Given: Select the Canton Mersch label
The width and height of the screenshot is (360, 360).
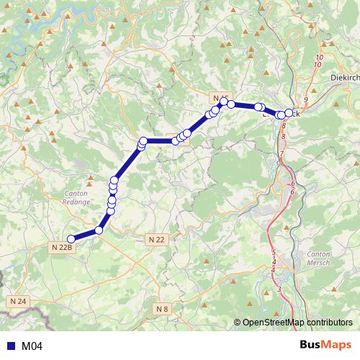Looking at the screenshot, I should click(x=318, y=258).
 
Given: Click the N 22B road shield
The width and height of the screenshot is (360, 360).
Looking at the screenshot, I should click(x=62, y=247).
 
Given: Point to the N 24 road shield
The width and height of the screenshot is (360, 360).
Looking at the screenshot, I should click(x=18, y=300).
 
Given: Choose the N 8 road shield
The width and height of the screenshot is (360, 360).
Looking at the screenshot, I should click(x=163, y=309).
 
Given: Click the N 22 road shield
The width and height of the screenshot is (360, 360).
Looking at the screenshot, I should click(x=156, y=239).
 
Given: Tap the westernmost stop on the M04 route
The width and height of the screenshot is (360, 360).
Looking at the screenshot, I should click(x=71, y=239).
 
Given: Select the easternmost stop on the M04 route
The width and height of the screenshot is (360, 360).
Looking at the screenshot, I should click(x=289, y=113).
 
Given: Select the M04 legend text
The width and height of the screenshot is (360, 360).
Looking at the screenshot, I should click(x=32, y=346).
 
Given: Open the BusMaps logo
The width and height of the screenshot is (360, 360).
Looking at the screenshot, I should click(x=325, y=346).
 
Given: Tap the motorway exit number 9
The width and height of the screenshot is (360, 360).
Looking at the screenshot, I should click(x=306, y=99).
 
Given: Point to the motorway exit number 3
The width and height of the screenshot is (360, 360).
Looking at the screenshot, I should click(x=279, y=289).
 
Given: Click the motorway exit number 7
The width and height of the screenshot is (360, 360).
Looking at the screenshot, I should click(x=282, y=154).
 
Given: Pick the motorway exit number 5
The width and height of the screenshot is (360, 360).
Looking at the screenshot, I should click(x=274, y=252).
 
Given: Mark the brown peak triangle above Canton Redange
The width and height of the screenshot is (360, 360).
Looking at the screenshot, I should click(x=90, y=176).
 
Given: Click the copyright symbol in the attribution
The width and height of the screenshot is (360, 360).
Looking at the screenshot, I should click(x=238, y=323).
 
